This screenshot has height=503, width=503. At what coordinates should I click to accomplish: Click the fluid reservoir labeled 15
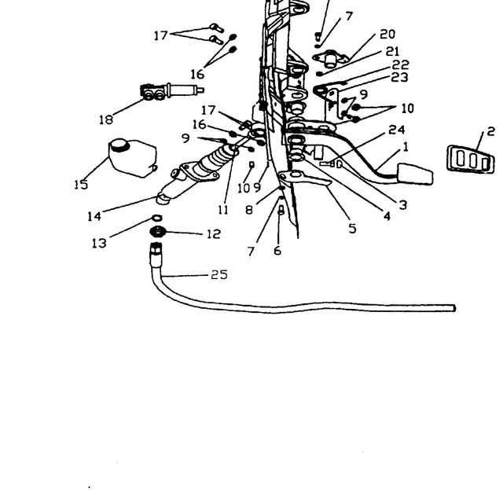click(133, 159)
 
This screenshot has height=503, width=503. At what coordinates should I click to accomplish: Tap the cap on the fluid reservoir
click(119, 145)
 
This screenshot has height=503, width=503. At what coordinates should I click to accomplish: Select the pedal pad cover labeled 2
click(471, 160)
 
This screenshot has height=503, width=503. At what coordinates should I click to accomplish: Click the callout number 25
click(219, 275)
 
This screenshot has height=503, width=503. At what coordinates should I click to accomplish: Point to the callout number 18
click(106, 119)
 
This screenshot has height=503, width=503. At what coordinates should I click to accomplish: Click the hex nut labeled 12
click(157, 231)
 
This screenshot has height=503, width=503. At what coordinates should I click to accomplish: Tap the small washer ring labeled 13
click(157, 218)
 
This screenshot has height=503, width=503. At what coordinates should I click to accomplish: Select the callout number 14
click(94, 217)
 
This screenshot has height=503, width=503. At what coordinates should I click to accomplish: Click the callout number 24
click(397, 130)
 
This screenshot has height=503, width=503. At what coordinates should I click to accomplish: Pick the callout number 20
click(387, 35)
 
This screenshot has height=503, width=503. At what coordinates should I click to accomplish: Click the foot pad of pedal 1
click(415, 174)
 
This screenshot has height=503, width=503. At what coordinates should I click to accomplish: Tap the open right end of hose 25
click(454, 309)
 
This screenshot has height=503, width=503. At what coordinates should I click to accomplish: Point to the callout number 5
click(353, 229)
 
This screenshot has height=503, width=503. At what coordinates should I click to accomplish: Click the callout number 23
click(400, 77)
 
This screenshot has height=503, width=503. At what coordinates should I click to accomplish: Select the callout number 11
click(223, 210)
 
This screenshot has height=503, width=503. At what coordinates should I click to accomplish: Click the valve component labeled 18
click(171, 90)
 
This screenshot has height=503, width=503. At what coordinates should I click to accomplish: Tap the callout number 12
click(213, 234)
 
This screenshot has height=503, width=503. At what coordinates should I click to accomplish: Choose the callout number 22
click(400, 65)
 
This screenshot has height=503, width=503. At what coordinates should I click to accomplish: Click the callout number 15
click(81, 185)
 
